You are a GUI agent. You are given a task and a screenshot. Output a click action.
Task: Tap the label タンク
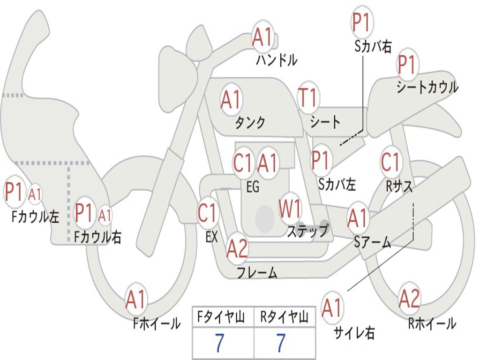(x=250, y=122)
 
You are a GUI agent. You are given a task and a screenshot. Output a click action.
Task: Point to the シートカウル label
(x=427, y=88)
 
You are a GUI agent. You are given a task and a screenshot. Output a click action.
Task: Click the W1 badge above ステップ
(x=291, y=209)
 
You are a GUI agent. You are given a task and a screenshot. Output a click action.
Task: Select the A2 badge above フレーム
(x=237, y=248)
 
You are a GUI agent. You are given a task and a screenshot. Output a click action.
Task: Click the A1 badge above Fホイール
(x=136, y=300)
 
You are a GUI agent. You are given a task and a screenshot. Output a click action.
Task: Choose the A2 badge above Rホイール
(x=409, y=299)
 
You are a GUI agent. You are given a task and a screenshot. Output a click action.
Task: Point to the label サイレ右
(x=354, y=333)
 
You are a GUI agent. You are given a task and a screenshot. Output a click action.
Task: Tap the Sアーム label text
(x=373, y=242)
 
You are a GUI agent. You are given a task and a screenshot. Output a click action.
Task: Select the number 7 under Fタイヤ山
(x=219, y=343)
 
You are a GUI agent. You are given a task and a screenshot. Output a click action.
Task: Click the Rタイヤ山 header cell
(x=284, y=318)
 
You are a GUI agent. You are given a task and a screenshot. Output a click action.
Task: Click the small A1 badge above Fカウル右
(x=105, y=216)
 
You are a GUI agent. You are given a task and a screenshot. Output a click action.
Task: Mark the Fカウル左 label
(x=36, y=217)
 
